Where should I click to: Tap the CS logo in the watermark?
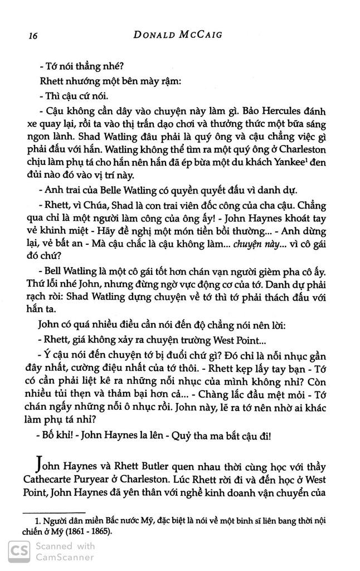(16, 551)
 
